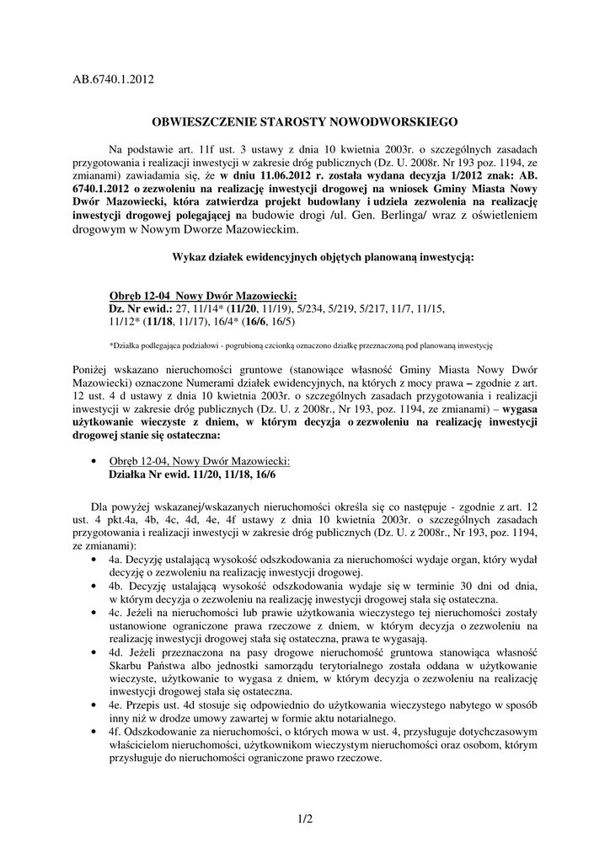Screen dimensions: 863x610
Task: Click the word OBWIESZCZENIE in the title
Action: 200,121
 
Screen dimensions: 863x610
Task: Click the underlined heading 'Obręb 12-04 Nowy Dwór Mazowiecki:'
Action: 202,297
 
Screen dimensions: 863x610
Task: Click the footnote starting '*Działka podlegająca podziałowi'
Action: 301,346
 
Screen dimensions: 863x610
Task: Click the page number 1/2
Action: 305,817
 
